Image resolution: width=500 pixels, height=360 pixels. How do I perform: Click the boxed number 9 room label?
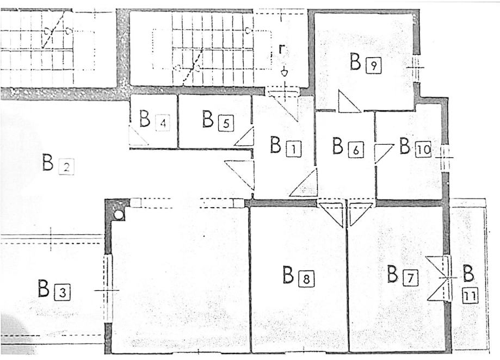(x=373, y=66)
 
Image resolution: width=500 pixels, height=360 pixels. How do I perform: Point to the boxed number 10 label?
(x=423, y=149)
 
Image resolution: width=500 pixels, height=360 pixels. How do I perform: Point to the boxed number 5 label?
(x=226, y=123)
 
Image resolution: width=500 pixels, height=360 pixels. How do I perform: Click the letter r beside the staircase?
(x=281, y=49)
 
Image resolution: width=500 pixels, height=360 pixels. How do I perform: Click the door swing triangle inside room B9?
(x=346, y=103)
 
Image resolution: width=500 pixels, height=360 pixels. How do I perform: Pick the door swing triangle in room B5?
(x=246, y=138)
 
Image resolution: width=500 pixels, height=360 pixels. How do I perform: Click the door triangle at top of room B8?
(x=332, y=212)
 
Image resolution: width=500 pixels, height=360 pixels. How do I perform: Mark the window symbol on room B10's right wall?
(x=446, y=157)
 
